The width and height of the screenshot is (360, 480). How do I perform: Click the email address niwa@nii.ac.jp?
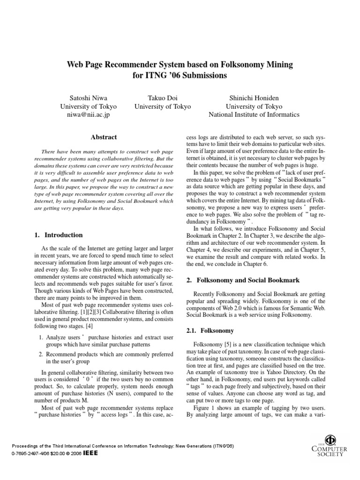pyautogui.click(x=89, y=114)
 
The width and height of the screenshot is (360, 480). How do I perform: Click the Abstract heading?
pyautogui.click(x=104, y=137)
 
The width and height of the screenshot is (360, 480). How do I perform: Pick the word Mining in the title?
pyautogui.click(x=277, y=63)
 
